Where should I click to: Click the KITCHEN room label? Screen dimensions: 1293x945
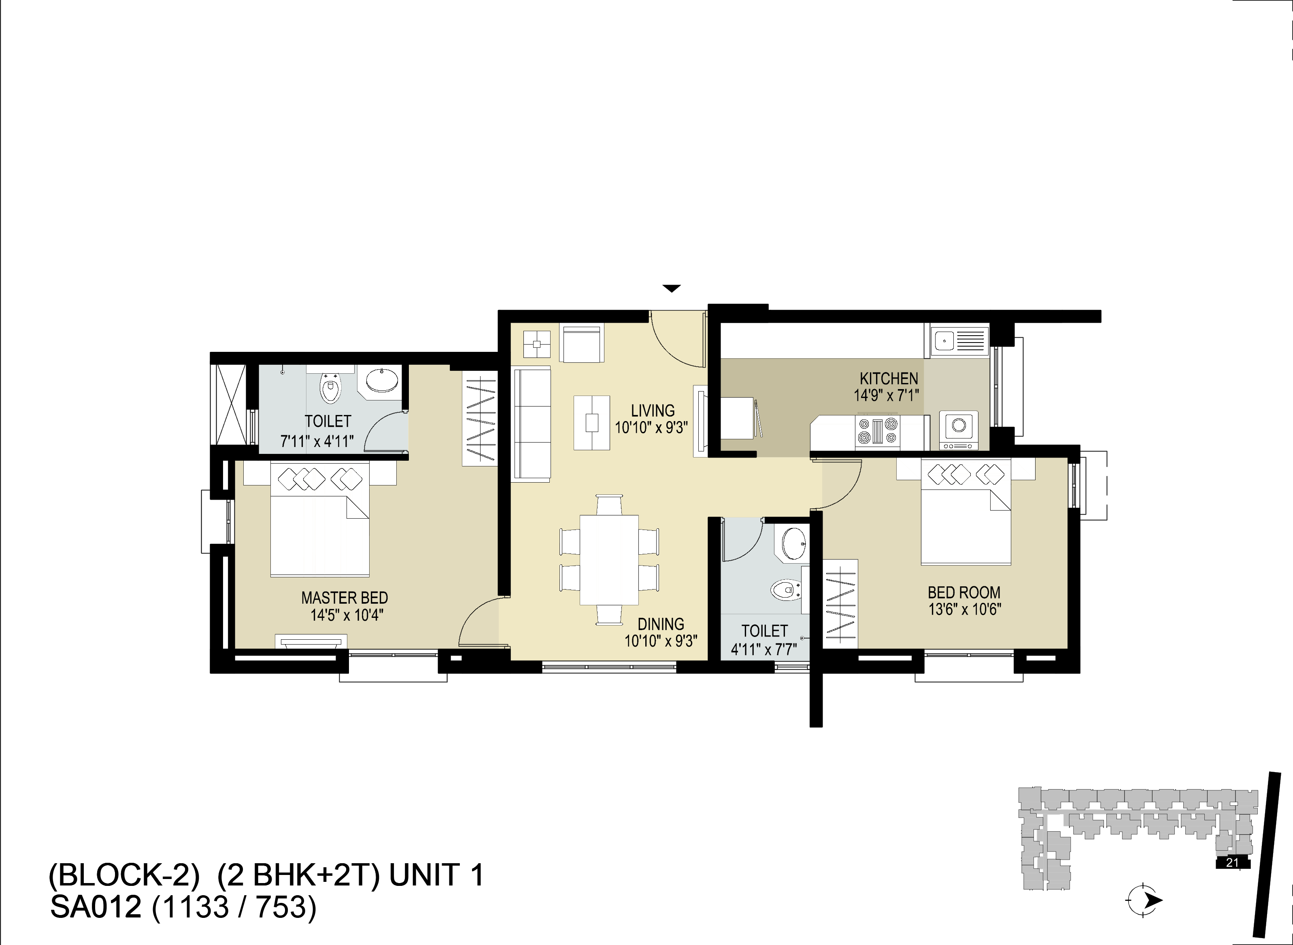(889, 378)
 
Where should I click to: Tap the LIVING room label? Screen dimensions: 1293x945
(653, 410)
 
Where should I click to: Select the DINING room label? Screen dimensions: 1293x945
(661, 624)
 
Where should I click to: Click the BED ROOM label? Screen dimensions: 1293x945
(964, 592)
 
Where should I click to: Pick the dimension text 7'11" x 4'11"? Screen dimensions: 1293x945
(317, 441)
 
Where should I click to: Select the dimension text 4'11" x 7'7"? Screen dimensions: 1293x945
(764, 649)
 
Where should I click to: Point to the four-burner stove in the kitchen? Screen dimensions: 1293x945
(877, 431)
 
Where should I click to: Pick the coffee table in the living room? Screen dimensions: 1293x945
(592, 423)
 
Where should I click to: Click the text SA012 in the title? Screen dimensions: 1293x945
(96, 908)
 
